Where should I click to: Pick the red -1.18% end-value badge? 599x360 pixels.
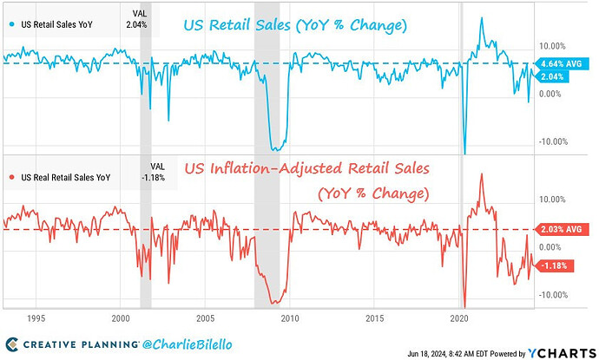tap(555, 265)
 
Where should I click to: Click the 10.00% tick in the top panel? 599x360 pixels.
tap(553, 46)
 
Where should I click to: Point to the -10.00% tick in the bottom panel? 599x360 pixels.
tap(555, 295)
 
